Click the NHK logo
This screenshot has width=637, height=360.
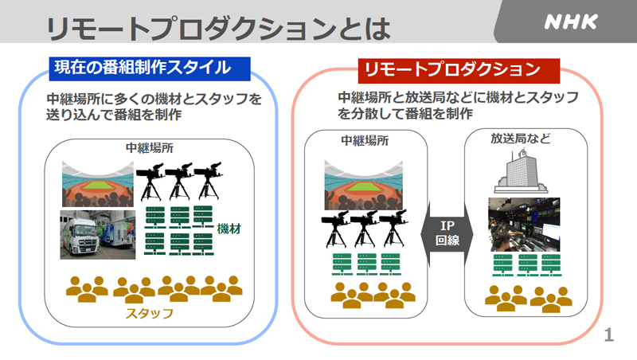pyautogui.click(x=571, y=22)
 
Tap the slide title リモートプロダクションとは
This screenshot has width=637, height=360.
pyautogui.click(x=218, y=29)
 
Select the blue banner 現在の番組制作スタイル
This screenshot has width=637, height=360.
pyautogui.click(x=150, y=68)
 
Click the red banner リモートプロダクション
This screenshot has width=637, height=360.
pyautogui.click(x=459, y=70)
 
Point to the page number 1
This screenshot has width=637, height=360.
pyautogui.click(x=608, y=335)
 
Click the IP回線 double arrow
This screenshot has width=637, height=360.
pyautogui.click(x=447, y=233)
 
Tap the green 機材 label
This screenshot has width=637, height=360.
pyautogui.click(x=229, y=229)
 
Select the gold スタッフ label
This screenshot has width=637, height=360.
pyautogui.click(x=150, y=313)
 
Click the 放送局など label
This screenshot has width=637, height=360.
pyautogui.click(x=521, y=139)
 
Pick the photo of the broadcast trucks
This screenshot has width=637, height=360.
pyautogui.click(x=97, y=234)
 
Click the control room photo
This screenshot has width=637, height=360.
pyautogui.click(x=524, y=225)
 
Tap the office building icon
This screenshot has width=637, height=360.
pyautogui.click(x=521, y=171)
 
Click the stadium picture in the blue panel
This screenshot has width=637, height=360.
pyautogui.click(x=97, y=184)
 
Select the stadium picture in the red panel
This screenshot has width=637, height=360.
pyautogui.click(x=364, y=185)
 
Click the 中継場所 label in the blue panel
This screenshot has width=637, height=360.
pyautogui.click(x=150, y=147)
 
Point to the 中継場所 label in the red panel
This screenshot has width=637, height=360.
pyautogui.click(x=365, y=141)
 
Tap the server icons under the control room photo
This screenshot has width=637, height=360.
pyautogui.click(x=527, y=265)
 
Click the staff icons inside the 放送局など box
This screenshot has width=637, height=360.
pyautogui.click(x=528, y=299)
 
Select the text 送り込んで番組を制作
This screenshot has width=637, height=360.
pyautogui.click(x=114, y=115)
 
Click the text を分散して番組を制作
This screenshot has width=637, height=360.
pyautogui.click(x=405, y=113)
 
